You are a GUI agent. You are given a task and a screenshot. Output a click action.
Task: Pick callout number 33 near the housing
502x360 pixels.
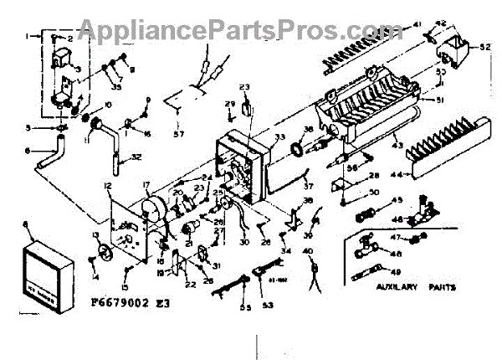279,137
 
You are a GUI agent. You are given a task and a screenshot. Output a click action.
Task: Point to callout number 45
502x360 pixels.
397,199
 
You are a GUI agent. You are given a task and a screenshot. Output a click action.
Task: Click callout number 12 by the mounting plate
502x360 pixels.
108,183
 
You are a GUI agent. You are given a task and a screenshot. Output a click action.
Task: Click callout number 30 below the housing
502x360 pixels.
244,244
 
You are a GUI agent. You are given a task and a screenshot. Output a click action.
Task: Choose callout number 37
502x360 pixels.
308,187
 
